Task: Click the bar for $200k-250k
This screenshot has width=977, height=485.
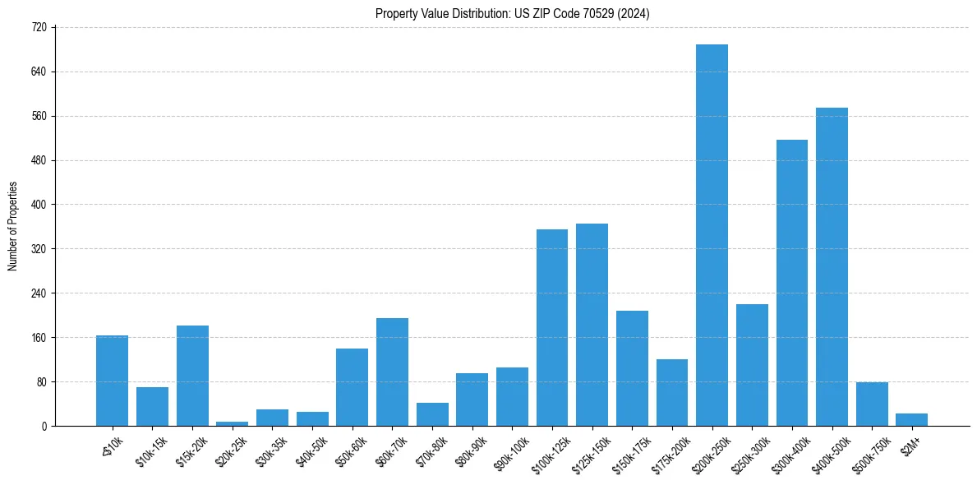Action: coord(712,235)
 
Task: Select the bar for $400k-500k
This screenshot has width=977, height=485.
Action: coord(832,267)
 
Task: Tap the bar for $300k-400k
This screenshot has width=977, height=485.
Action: coord(792,283)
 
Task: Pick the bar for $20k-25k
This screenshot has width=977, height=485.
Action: coord(232,423)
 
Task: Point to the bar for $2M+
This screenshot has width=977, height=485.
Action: coord(911,420)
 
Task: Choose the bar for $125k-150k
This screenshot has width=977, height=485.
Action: coord(592,325)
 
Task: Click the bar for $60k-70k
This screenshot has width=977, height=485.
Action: coord(392,372)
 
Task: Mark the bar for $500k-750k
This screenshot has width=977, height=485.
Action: coord(872,404)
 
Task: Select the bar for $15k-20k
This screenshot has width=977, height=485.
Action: coord(192,376)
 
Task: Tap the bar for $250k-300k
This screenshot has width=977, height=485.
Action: coord(752,365)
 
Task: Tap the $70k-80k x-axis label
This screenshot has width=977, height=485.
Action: coord(431,448)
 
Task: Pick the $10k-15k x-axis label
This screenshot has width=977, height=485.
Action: coord(151,448)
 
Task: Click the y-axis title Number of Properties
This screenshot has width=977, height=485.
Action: coord(12,226)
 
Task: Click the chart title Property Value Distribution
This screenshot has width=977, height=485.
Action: coord(512,14)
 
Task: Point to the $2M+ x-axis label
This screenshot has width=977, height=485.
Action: coord(911,444)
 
